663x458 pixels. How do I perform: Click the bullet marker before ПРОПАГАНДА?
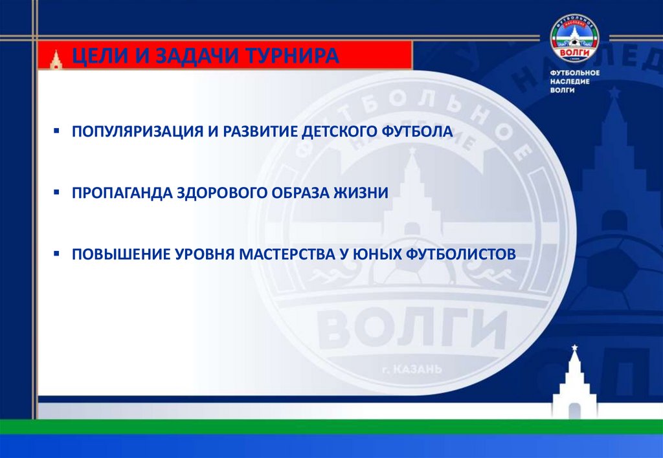pyautogui.click(x=58, y=193)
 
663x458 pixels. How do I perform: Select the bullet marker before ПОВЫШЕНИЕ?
pyautogui.click(x=58, y=254)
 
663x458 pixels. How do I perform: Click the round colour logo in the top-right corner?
pyautogui.click(x=575, y=38)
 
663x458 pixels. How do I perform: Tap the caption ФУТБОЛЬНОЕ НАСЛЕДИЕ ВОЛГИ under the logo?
pyautogui.click(x=575, y=82)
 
